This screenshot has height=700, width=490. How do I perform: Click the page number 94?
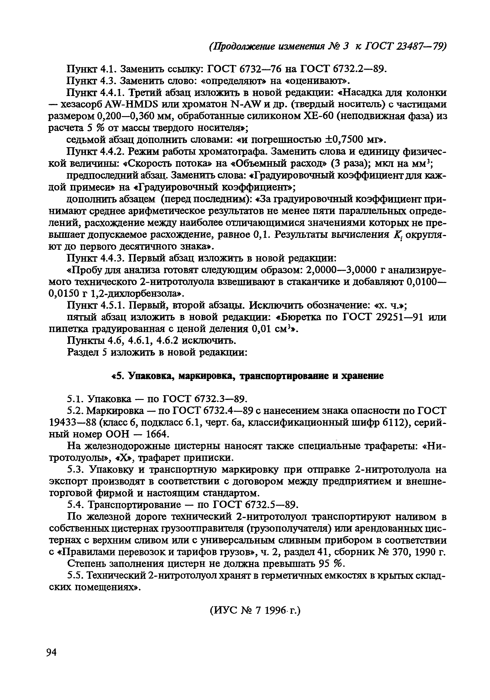pyautogui.click(x=52, y=653)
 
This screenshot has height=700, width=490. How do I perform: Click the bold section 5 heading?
pyautogui.click(x=247, y=376)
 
